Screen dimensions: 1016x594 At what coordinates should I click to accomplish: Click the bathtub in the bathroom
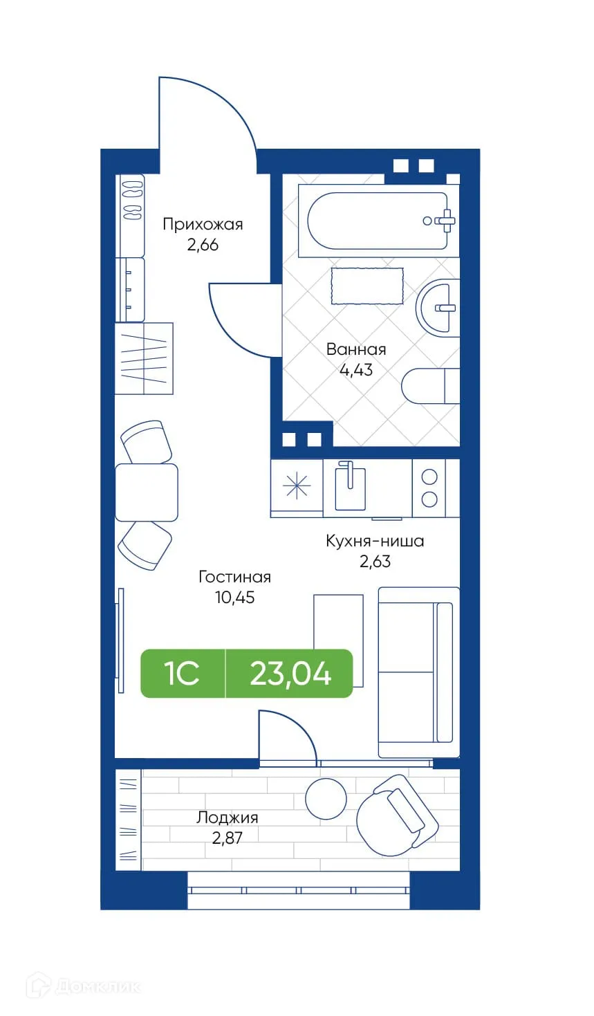pyautogui.click(x=377, y=221)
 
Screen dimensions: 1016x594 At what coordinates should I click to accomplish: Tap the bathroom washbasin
pyautogui.click(x=438, y=308)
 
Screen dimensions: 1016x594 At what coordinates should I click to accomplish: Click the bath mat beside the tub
pyautogui.click(x=366, y=286)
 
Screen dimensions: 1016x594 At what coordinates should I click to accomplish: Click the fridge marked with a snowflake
pyautogui.click(x=297, y=487)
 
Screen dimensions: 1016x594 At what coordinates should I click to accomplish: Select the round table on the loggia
pyautogui.click(x=326, y=798)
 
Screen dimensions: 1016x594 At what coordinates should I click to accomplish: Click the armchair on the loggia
pyautogui.click(x=398, y=811)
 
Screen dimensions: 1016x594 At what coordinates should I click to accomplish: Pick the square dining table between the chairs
pyautogui.click(x=146, y=492)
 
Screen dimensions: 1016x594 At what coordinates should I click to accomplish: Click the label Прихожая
pyautogui.click(x=203, y=224)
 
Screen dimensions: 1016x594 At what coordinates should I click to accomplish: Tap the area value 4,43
pyautogui.click(x=355, y=370)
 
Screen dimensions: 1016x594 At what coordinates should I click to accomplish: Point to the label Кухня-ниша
pyautogui.click(x=375, y=541)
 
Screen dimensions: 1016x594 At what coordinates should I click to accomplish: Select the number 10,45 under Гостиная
pyautogui.click(x=234, y=598)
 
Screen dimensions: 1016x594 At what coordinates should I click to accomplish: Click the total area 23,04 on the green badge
pyautogui.click(x=290, y=673)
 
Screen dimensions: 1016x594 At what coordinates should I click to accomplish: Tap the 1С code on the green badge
pyautogui.click(x=183, y=673)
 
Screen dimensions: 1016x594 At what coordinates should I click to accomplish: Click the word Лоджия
pyautogui.click(x=227, y=817)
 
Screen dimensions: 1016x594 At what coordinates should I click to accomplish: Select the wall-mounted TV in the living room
pyautogui.click(x=120, y=640)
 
